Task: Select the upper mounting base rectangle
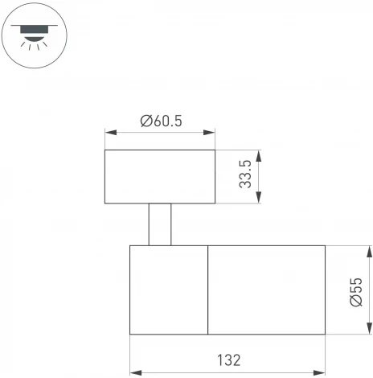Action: tap(160, 176)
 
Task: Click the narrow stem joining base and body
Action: tap(160, 224)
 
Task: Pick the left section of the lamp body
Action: tap(169, 290)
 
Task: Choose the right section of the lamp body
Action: tap(266, 290)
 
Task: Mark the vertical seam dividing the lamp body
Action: tap(208, 290)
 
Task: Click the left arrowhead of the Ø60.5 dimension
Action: tap(109, 133)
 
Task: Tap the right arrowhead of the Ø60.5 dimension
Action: tap(211, 133)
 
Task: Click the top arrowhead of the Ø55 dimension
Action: tap(369, 249)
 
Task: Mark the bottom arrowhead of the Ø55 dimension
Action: tap(369, 331)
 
